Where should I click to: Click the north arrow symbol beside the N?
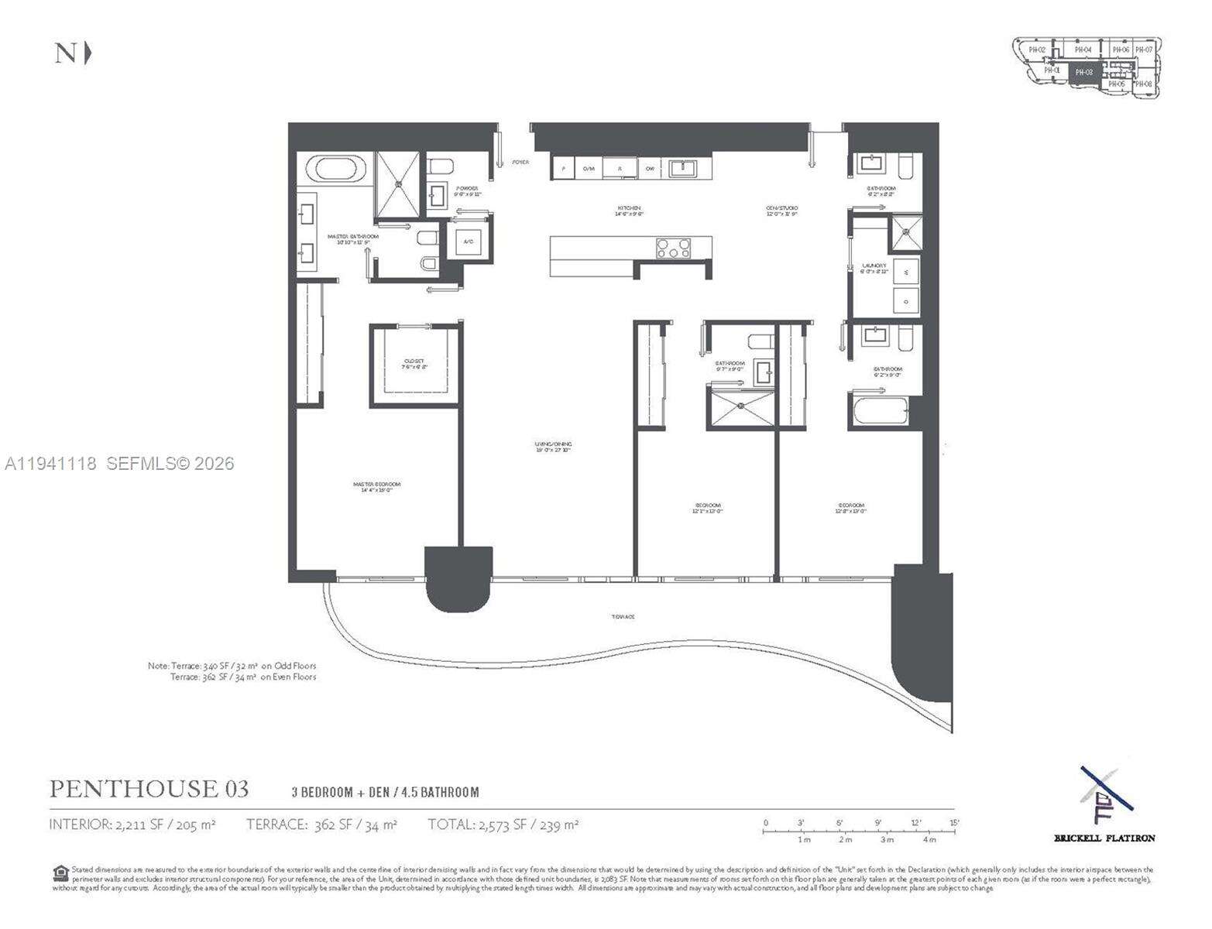(x=88, y=53)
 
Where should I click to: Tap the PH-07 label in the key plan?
(x=1144, y=50)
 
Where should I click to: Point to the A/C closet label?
(x=469, y=242)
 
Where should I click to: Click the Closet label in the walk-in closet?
(x=414, y=362)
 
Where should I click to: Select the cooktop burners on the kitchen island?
(x=673, y=249)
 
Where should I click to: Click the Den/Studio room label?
(x=782, y=208)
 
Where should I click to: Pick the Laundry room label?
(x=874, y=266)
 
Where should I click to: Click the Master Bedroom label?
(x=377, y=485)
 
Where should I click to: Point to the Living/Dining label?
(x=553, y=444)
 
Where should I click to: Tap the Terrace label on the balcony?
(x=623, y=616)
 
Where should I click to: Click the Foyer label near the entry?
(x=520, y=162)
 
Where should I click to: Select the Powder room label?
(x=467, y=189)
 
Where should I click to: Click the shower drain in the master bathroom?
(x=400, y=184)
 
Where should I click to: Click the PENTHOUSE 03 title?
(x=149, y=789)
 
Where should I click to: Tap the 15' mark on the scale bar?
(x=954, y=823)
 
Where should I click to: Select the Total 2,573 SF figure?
(x=503, y=825)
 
